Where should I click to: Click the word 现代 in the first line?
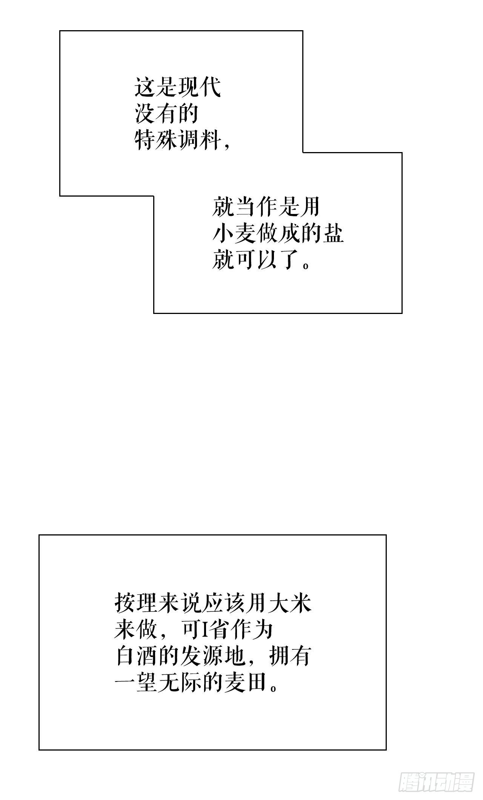coord(200,88)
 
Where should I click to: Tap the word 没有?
coord(156,114)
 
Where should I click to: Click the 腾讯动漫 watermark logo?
coord(436,780)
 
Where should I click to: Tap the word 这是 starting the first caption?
coord(156,88)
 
